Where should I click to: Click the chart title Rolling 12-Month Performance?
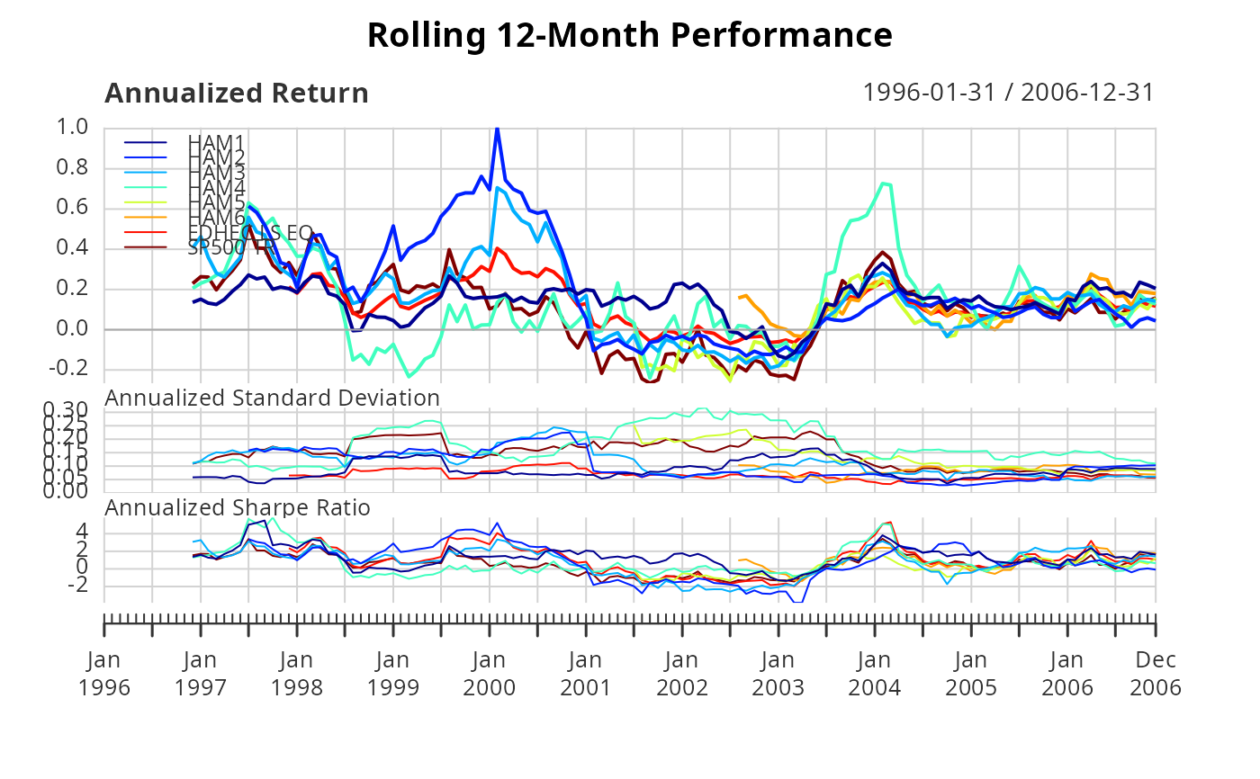pos(630,36)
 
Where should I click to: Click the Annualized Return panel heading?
pos(237,94)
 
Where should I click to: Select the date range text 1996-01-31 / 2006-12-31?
pos(1008,93)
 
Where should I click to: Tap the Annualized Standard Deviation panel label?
pos(273,398)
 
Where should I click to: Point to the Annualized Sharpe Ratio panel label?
pos(238,507)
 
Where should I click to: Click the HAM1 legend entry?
pos(216,142)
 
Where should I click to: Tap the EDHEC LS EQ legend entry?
pos(249,232)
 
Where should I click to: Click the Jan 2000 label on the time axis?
pos(489,673)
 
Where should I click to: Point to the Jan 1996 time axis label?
pos(105,673)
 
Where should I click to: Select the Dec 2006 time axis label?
pos(1156,673)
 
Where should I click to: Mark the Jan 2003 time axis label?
pos(778,673)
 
